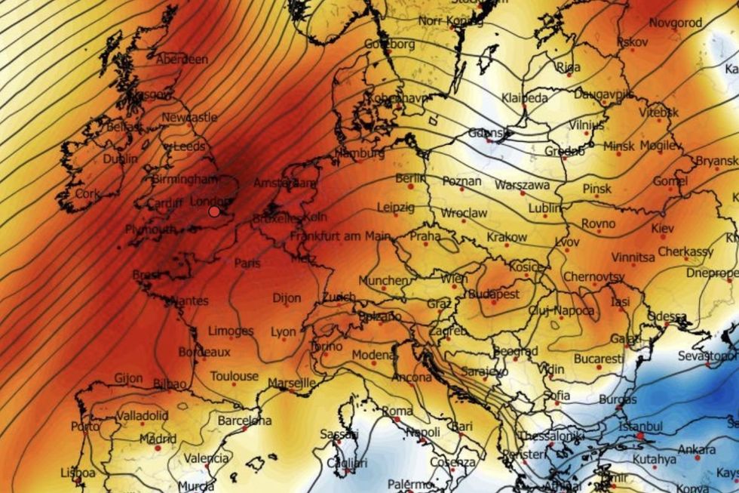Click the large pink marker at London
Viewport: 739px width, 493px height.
[214, 211]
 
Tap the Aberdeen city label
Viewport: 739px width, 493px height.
[182, 59]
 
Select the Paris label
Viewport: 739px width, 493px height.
[247, 263]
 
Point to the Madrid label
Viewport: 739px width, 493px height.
[158, 439]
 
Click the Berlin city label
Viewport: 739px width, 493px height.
[411, 178]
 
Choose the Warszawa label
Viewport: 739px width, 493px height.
[523, 186]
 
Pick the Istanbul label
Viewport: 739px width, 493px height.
[640, 427]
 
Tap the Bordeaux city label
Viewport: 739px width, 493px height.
[204, 353]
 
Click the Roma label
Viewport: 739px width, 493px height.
[398, 411]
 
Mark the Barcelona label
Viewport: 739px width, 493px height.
[244, 421]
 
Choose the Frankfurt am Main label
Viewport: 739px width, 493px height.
[341, 236]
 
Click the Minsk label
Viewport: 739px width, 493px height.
[619, 146]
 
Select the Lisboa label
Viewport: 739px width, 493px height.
[78, 473]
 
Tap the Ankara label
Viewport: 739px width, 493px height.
[698, 449]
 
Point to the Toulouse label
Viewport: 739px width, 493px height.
[234, 376]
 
